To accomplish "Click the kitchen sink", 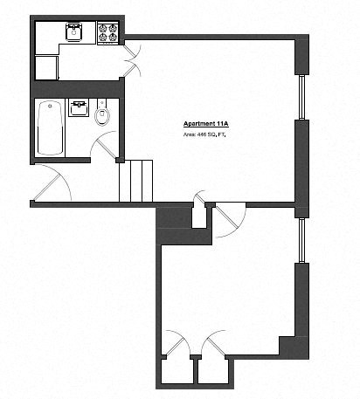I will tap(73, 34).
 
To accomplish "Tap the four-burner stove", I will tap(109, 33).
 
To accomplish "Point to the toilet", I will tap(103, 117).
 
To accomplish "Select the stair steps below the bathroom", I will tap(135, 180).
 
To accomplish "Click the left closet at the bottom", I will tap(177, 373).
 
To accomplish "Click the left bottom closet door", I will tap(177, 345).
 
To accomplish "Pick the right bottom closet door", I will tap(215, 345).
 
